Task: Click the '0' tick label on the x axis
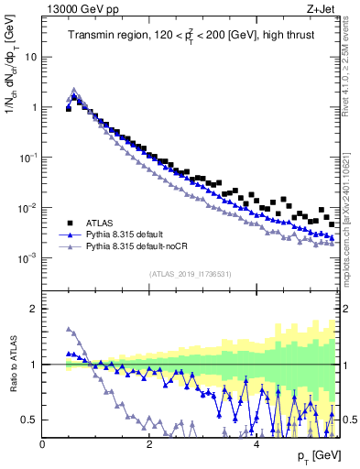[x=42, y=444]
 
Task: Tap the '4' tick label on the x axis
[x=256, y=444]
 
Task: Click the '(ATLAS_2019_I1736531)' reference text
[x=189, y=274]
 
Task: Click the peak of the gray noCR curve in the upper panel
[x=74, y=90]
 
